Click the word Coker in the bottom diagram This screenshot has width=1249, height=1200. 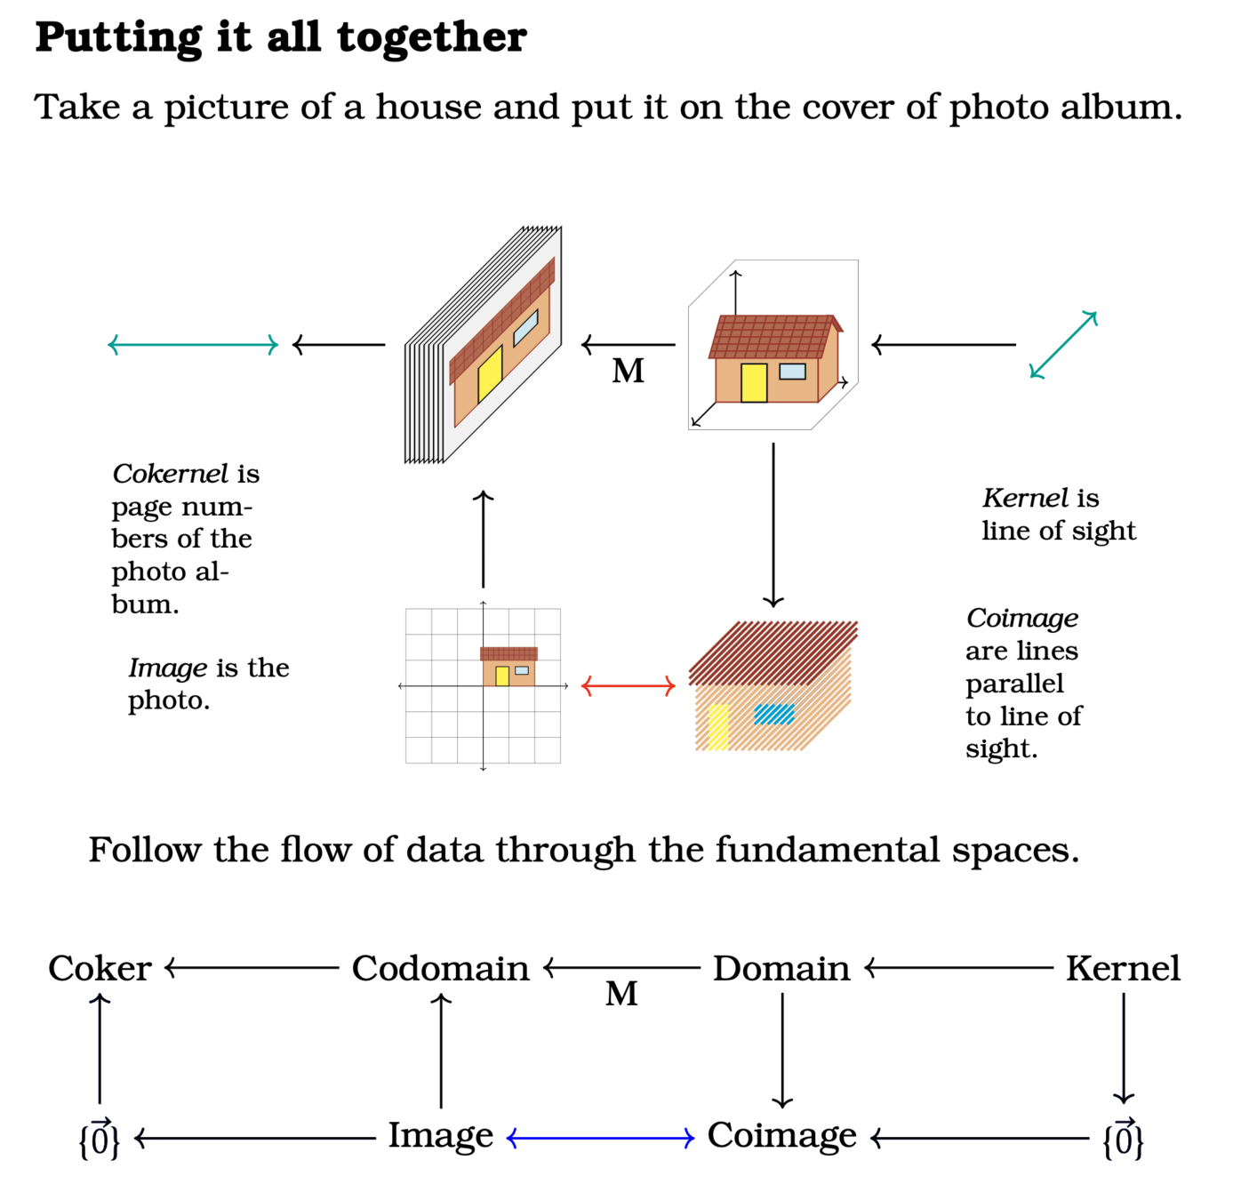[x=100, y=968]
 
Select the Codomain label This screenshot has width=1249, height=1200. [x=440, y=968]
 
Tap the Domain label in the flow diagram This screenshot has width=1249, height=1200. [x=781, y=968]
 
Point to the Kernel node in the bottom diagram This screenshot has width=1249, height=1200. [x=1123, y=968]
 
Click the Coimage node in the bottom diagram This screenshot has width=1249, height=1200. [x=781, y=1135]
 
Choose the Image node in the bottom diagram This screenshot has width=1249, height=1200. [x=440, y=1135]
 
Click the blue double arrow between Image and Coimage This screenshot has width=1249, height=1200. [x=600, y=1138]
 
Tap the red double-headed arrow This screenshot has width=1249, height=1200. [x=629, y=685]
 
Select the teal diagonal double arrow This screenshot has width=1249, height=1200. [x=1063, y=345]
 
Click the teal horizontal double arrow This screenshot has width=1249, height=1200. [x=193, y=345]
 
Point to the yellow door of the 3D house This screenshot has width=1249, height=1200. [x=754, y=383]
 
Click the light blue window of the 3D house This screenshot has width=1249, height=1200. [x=792, y=371]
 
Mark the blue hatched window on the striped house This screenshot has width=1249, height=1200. [x=774, y=714]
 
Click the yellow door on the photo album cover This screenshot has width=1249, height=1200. [x=490, y=374]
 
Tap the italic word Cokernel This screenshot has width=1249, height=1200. [x=171, y=474]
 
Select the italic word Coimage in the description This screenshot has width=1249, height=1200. [x=1021, y=618]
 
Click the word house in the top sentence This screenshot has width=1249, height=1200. [x=429, y=108]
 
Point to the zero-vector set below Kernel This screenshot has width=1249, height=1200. [x=1123, y=1139]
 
